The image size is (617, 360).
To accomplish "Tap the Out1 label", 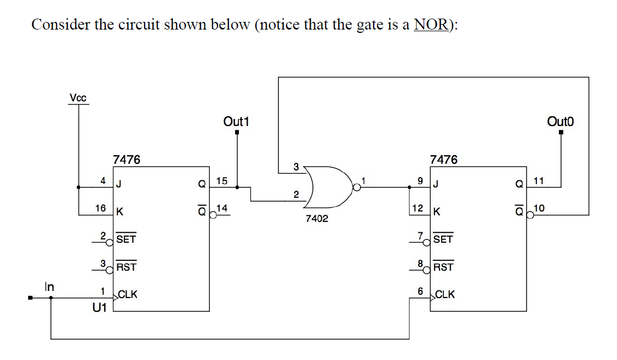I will point(236,121).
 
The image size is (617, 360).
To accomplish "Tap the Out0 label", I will point(560,121).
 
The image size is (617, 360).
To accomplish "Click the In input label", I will point(49,286).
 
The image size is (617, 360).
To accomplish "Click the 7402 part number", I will point(317,219).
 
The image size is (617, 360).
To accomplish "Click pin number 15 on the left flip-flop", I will point(221,180).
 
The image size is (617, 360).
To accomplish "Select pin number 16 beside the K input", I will point(100,208).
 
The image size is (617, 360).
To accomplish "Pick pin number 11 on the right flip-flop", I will point(539,180).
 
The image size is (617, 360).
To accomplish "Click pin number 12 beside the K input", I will point(417,208).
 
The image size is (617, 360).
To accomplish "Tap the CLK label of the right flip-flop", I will point(445,294).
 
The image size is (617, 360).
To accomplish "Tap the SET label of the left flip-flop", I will point(126,239).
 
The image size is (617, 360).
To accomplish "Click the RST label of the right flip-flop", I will point(443,267).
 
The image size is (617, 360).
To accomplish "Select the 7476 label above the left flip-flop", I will point(127,159).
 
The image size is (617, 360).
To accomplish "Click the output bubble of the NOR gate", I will point(357,187).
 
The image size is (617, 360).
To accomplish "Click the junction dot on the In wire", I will point(51,298).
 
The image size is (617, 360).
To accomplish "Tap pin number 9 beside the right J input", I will point(420,180).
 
